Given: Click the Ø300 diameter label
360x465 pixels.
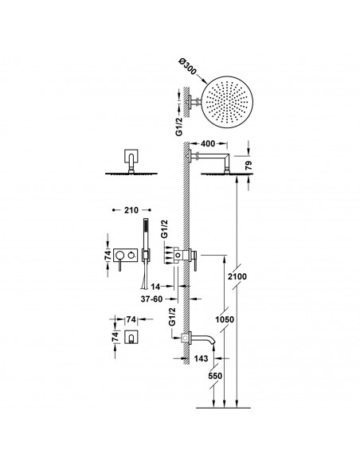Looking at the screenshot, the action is pyautogui.click(x=187, y=67).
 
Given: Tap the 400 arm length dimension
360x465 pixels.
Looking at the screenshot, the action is pyautogui.click(x=208, y=144).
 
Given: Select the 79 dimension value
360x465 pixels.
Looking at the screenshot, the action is pyautogui.click(x=248, y=165).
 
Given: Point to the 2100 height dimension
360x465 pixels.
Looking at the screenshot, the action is pyautogui.click(x=237, y=276).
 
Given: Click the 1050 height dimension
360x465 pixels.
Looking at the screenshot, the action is pyautogui.click(x=225, y=320).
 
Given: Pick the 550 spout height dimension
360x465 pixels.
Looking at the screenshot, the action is pyautogui.click(x=215, y=376).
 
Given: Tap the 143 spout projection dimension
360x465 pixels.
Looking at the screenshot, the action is pyautogui.click(x=201, y=358).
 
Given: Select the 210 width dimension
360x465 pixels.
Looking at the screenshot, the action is pyautogui.click(x=131, y=210).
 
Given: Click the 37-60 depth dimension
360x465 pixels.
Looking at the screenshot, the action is pyautogui.click(x=151, y=299).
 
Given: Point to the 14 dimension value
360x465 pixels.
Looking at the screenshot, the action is pyautogui.click(x=155, y=287).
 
